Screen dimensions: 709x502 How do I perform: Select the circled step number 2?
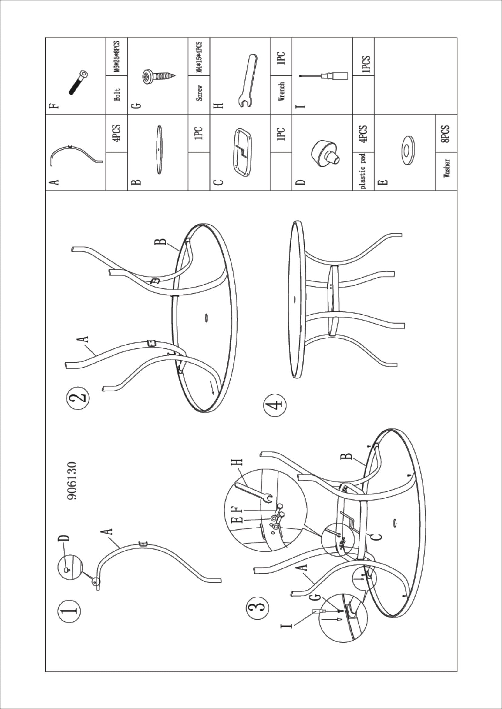click(78, 399)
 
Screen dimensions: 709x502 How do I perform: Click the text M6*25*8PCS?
click(117, 57)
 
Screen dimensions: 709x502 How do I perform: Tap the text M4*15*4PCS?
click(199, 57)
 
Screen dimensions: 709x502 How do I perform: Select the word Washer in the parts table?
click(446, 168)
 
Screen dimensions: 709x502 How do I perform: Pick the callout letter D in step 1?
click(63, 538)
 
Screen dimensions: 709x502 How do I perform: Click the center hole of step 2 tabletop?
click(206, 318)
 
